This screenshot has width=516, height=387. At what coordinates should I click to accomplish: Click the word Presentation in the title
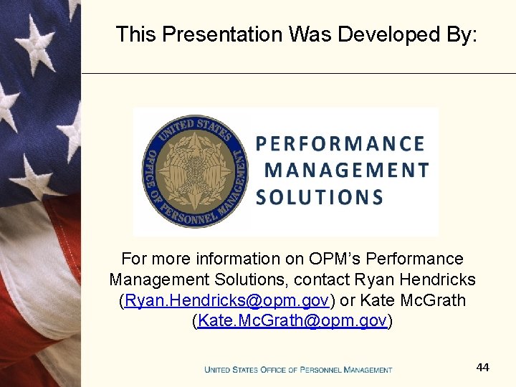tap(223, 34)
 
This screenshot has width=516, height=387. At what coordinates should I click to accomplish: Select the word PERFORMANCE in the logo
tap(340, 144)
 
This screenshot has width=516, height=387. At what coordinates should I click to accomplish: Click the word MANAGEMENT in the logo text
tap(347, 171)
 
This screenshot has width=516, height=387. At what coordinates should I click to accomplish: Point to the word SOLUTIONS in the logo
tap(320, 197)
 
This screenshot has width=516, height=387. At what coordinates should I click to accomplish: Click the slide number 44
tap(482, 367)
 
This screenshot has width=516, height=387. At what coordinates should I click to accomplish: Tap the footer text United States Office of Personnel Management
tap(298, 370)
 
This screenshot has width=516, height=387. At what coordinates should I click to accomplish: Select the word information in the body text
tap(239, 259)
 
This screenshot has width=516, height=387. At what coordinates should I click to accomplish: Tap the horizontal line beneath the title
tap(298, 73)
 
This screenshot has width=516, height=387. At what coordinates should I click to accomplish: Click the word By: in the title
tap(458, 34)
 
